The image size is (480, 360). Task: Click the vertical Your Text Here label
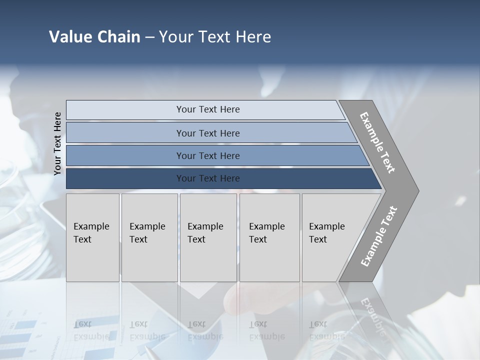[x=58, y=143]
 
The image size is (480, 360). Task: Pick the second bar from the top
[x=207, y=133]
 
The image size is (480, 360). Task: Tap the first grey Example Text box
[x=92, y=237]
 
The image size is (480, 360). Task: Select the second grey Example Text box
[x=149, y=237]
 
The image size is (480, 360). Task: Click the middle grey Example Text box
[x=208, y=237]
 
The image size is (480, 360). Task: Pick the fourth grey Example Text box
[x=269, y=237]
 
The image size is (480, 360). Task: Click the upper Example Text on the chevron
[x=377, y=142]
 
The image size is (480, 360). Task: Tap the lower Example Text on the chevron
[x=378, y=236]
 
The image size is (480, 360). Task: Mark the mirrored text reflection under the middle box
[x=205, y=330]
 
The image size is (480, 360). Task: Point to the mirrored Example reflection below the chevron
[x=372, y=315]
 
